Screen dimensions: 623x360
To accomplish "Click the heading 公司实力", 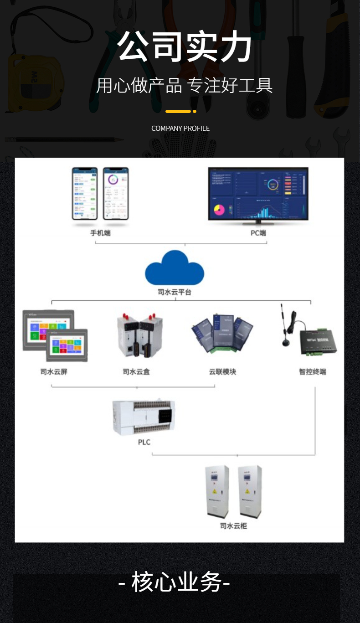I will click(x=185, y=47).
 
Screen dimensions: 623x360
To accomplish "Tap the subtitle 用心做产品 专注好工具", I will click(x=185, y=85).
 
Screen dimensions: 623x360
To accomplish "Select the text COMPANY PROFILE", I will click(x=180, y=129).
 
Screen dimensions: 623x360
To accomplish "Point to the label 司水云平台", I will click(x=175, y=292).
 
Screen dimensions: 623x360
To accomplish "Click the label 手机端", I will click(x=100, y=233).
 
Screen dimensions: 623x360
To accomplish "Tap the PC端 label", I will click(x=258, y=233).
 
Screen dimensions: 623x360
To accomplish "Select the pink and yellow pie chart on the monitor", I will click(x=219, y=210).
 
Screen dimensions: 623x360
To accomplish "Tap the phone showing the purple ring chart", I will click(x=116, y=193).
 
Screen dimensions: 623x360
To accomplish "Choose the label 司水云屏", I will click(x=54, y=372).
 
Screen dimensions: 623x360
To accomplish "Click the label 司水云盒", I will click(x=136, y=372).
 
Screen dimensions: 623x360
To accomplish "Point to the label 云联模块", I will click(x=222, y=372).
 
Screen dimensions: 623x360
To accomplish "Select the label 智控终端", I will click(x=313, y=372).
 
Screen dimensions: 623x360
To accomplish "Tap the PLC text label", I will click(x=144, y=442).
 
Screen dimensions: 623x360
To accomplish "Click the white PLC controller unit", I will click(x=144, y=417).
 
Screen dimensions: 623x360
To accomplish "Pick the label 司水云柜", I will click(x=233, y=526).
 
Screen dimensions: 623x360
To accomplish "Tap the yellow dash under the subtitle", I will click(x=178, y=111).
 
